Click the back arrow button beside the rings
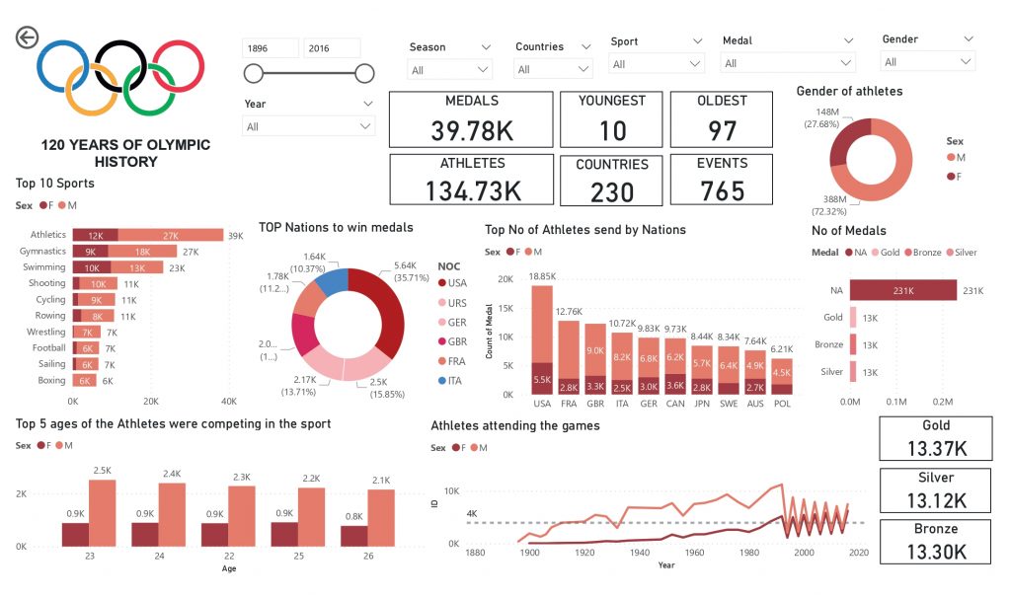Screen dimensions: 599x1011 pos(27,37)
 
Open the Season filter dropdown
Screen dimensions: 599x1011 pos(450,70)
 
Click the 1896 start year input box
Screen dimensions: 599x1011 pos(271,48)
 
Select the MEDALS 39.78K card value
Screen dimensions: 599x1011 pos(471,129)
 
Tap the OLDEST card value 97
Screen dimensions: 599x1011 pos(722,129)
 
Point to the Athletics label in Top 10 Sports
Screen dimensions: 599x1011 pos(48,235)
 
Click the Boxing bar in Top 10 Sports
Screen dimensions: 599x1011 pos(85,380)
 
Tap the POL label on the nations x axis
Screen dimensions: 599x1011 pos(781,404)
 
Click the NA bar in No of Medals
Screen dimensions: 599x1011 pos(902,290)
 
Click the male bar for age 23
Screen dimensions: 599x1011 pos(102,513)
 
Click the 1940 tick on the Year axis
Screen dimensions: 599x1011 pos(639,553)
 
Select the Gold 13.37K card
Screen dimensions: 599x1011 pos(935,438)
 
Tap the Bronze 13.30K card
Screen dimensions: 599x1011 pos(935,541)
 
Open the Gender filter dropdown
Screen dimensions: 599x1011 pos(928,62)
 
